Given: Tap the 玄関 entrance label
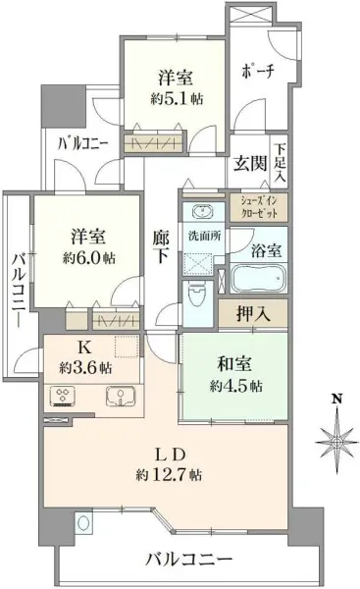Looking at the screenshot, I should (245, 164).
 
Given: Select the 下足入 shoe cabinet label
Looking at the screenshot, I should (280, 164).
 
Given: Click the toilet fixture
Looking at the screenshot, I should (195, 293).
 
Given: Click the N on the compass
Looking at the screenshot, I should (335, 399).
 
